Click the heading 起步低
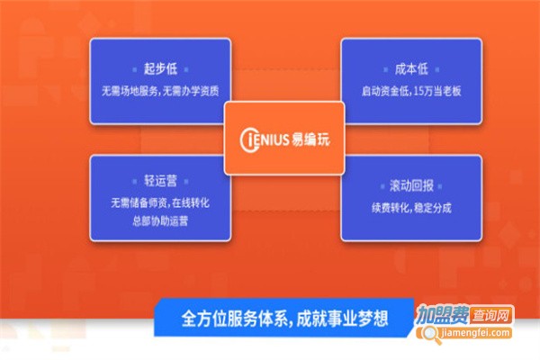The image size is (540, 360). (x=161, y=68)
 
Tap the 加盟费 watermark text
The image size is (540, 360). (x=441, y=317)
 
